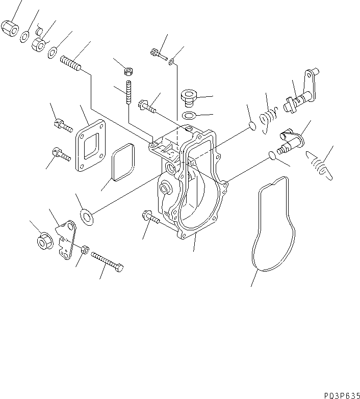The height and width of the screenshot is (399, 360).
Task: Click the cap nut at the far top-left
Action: (x=10, y=29)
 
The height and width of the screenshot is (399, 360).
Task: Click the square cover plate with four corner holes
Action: (x=90, y=146)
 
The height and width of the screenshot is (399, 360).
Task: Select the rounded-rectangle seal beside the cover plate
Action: (x=121, y=163)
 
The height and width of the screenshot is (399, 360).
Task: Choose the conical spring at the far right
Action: (x=319, y=166)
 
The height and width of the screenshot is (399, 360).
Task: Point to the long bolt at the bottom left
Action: (x=108, y=263)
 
